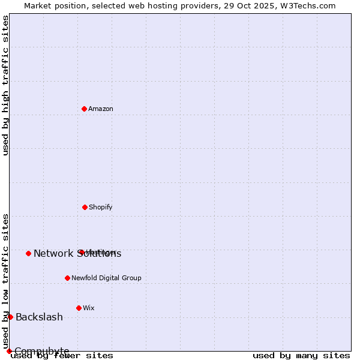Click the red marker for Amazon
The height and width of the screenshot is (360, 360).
coord(84,109)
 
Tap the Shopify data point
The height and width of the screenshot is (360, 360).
coord(85,207)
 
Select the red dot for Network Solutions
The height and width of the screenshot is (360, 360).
coord(28,253)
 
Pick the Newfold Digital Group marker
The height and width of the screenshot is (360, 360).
coord(67,278)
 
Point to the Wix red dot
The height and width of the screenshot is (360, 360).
coord(79,308)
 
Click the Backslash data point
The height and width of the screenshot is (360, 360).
coord(10,317)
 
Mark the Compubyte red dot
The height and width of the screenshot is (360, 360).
coord(9,351)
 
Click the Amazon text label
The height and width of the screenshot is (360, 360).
coord(101,109)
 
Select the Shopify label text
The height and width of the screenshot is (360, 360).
coord(101,208)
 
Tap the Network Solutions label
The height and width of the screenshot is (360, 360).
coord(77,254)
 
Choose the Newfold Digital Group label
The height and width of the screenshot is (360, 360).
coord(106,278)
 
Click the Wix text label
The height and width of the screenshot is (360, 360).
coord(89,308)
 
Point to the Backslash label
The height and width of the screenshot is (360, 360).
coord(39,317)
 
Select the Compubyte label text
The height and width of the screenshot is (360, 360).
coord(41,351)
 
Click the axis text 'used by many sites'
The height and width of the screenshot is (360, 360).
coord(301,356)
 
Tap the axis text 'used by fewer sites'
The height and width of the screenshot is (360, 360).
coord(62,356)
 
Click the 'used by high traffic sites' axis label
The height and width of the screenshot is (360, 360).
coord(5,85)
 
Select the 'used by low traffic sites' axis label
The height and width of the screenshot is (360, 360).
coord(5,281)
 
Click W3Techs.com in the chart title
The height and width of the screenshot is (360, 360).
coord(308,5)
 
